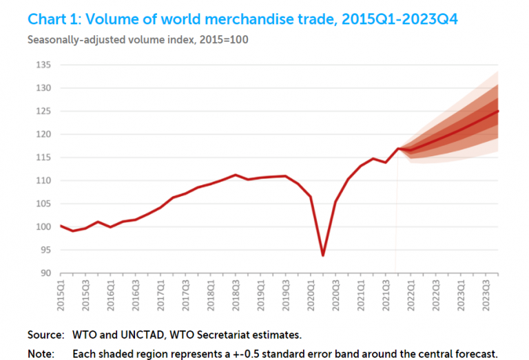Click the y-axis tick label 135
[x=43, y=65]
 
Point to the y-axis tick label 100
[x=43, y=227]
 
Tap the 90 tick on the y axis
[x=45, y=273]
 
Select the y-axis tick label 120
[x=43, y=135]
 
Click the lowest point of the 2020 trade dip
[x=322, y=255]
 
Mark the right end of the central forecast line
[x=498, y=111]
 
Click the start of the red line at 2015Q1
[x=61, y=226]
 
